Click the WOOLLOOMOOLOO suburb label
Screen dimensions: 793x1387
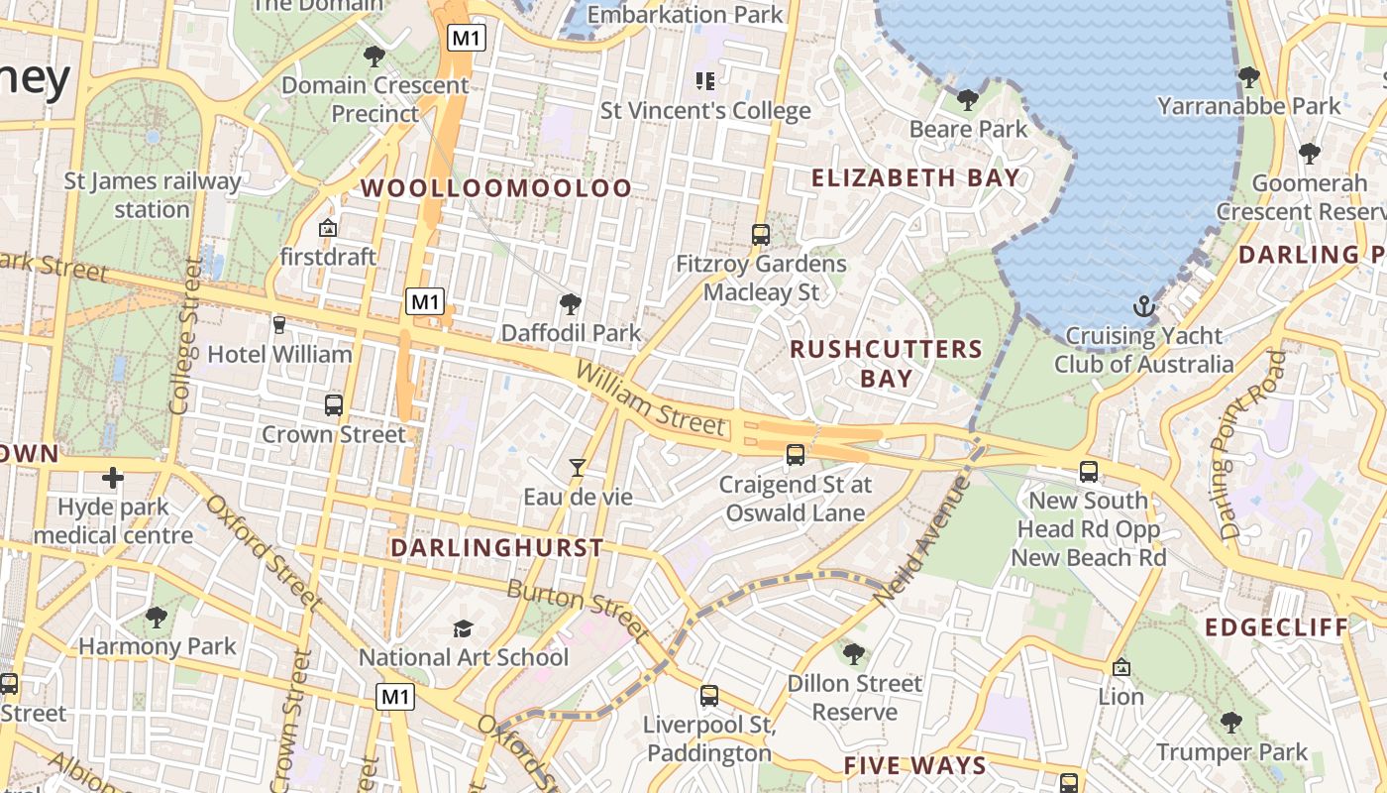(495, 188)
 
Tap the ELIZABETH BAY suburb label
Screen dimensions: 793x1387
(914, 178)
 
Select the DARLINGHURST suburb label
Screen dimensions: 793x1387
(496, 548)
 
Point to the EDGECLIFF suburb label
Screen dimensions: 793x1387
(1277, 627)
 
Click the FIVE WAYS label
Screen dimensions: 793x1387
(914, 765)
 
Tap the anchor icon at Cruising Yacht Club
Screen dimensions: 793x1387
(1144, 305)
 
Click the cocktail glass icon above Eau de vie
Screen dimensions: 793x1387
(578, 467)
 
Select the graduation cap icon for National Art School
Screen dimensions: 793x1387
(463, 628)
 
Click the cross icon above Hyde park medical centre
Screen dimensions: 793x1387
(113, 478)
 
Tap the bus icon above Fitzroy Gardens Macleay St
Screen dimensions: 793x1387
(761, 235)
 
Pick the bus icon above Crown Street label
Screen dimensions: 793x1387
(334, 404)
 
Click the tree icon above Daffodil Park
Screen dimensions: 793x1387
(570, 303)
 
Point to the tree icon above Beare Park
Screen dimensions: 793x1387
(968, 99)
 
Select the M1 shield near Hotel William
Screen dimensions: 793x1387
(426, 301)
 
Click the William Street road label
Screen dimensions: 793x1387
(650, 399)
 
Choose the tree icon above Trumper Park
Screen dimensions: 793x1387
(1231, 722)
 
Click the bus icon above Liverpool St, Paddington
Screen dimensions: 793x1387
(709, 695)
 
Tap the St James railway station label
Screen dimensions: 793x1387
(153, 195)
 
